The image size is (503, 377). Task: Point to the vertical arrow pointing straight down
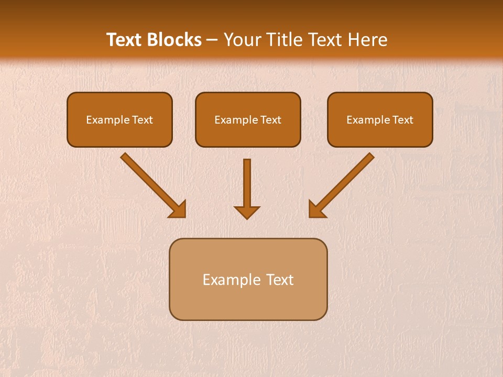pos(247,188)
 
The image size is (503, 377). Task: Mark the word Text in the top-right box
pos(402,120)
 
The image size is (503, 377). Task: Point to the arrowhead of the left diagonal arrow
pos(178,210)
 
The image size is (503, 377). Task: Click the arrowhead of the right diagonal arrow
pos(316,210)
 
